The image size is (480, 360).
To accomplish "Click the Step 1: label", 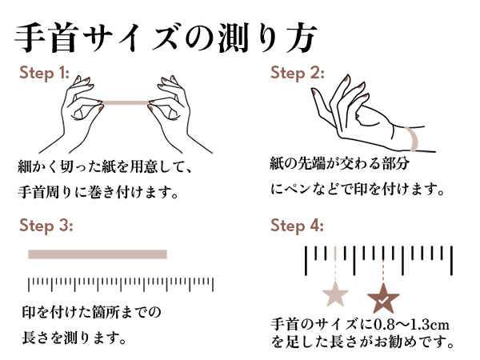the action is click(44, 73).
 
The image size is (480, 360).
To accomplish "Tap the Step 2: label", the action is click(298, 73).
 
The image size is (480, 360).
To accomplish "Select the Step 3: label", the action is click(46, 226).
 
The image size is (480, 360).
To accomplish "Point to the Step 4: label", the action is click(298, 226).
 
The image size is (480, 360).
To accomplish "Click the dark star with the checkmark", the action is click(383, 298).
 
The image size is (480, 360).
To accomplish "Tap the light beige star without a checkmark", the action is click(335, 294).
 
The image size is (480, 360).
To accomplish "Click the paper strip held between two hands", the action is click(126, 102).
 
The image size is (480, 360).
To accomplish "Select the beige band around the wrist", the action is click(414, 138).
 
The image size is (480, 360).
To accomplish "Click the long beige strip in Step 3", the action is click(98, 254).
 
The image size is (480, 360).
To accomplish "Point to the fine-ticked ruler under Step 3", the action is click(121, 284).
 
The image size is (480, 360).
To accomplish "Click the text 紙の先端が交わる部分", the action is click(339, 163).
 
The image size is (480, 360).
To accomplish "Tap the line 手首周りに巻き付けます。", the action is click(98, 192).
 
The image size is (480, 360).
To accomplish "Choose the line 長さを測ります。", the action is click(74, 338).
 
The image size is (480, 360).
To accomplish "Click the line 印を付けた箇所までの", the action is click(91, 312).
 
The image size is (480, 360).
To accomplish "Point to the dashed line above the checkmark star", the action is click(383, 271).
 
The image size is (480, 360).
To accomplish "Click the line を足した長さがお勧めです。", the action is click(362, 342).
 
